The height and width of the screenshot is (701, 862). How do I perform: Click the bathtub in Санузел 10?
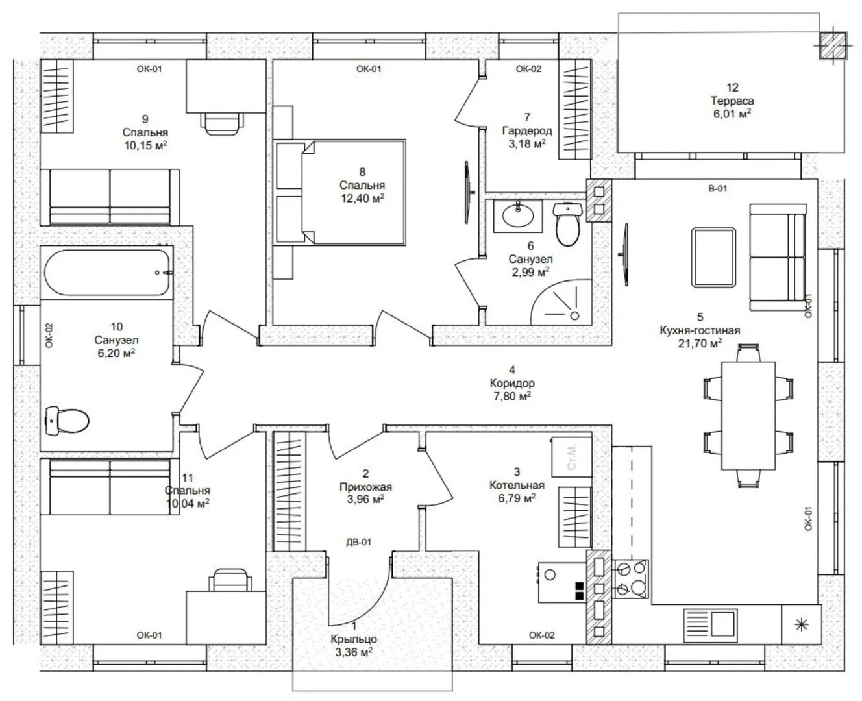pos(108,273)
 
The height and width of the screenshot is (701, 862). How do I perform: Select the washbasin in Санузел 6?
pos(518,215)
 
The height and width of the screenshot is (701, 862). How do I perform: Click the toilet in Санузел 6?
pos(568,224)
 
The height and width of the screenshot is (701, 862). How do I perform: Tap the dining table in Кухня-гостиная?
pos(748,415)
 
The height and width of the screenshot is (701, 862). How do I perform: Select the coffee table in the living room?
pos(713,257)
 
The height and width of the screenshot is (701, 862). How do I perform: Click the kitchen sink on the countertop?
pos(710,625)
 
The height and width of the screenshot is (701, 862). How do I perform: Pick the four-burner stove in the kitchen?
pos(631,579)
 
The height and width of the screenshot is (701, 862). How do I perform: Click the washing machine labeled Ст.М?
pos(572,457)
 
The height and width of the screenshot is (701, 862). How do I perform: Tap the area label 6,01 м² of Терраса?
pos(732,114)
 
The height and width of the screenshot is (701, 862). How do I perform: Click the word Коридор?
pos(512,383)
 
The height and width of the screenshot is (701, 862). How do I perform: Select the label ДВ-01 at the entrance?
pos(358,542)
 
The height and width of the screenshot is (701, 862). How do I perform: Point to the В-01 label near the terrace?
pos(717,188)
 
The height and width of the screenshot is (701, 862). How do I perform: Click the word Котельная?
pos(517,485)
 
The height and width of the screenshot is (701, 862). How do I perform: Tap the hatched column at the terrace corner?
pos(833,45)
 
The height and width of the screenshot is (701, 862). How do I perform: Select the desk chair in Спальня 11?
pos(230,580)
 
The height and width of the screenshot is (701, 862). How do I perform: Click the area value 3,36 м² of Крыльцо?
pos(354,652)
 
